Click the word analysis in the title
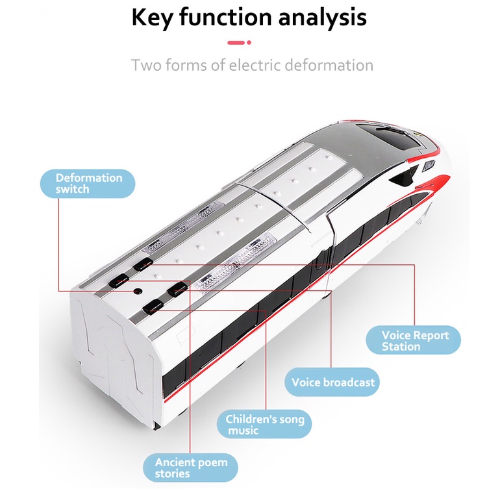[323, 18]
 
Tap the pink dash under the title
[239, 43]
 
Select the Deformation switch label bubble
[88, 184]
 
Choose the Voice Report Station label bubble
[414, 341]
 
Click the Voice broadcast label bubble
[332, 382]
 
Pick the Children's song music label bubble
[264, 425]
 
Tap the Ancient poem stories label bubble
[190, 468]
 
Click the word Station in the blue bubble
[401, 347]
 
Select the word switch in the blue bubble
[72, 190]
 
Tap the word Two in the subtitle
[144, 66]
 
